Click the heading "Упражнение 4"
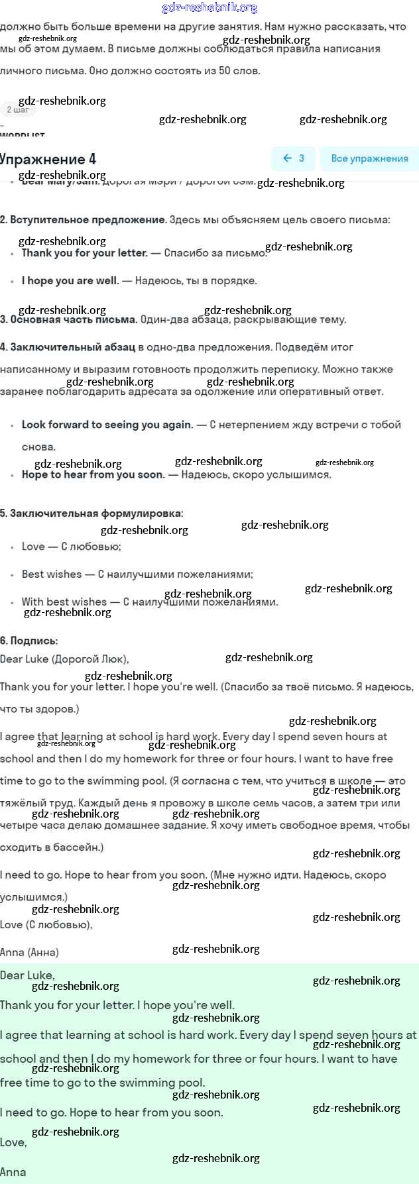pyautogui.click(x=48, y=159)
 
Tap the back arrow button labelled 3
pyautogui.click(x=293, y=158)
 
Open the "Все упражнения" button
pyautogui.click(x=369, y=158)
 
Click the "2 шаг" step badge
pyautogui.click(x=17, y=110)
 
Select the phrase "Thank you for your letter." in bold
pyautogui.click(x=84, y=252)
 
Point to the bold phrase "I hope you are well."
pyautogui.click(x=70, y=280)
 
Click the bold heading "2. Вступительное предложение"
pyautogui.click(x=83, y=219)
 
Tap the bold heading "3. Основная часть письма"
pyautogui.click(x=68, y=319)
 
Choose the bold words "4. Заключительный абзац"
pyautogui.click(x=68, y=347)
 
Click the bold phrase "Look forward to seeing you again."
pyautogui.click(x=107, y=424)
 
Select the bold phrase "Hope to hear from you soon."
pyautogui.click(x=93, y=474)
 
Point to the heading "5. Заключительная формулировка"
pyautogui.click(x=91, y=513)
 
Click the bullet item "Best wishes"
pyautogui.click(x=52, y=574)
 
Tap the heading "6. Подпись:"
pyautogui.click(x=29, y=641)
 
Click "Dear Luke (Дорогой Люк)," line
pyautogui.click(x=64, y=659)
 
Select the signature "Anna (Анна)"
pyautogui.click(x=29, y=952)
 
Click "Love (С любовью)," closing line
pyautogui.click(x=46, y=924)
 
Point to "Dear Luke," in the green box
pyautogui.click(x=27, y=975)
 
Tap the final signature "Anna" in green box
pyautogui.click(x=13, y=1171)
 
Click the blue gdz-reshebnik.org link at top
pyautogui.click(x=209, y=8)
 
